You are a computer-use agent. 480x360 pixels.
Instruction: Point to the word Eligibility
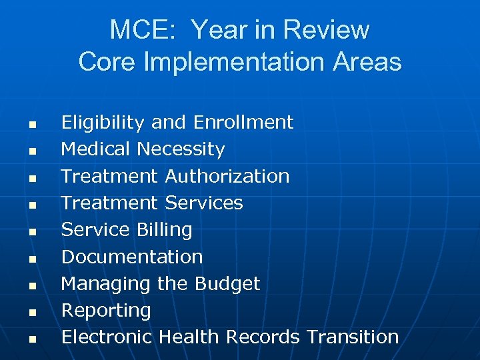[x=103, y=123]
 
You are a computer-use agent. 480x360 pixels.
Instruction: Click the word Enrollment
[x=243, y=123]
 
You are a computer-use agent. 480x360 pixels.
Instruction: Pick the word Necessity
[x=181, y=149]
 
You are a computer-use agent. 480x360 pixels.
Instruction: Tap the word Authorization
[x=227, y=176]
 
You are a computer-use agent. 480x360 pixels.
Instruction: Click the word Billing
[x=164, y=229]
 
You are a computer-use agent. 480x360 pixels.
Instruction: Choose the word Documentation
[x=131, y=257]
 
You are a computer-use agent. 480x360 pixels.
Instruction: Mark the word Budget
[x=227, y=283]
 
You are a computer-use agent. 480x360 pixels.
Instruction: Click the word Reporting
[x=106, y=310]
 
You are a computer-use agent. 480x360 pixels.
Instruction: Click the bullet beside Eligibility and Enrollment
[x=31, y=125]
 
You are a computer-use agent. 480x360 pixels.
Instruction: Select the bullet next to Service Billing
[x=31, y=232]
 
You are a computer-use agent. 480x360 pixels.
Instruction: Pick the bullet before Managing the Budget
[x=31, y=285]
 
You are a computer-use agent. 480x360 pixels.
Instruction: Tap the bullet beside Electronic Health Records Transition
[x=31, y=339]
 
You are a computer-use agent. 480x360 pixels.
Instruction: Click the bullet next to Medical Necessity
[x=31, y=151]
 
